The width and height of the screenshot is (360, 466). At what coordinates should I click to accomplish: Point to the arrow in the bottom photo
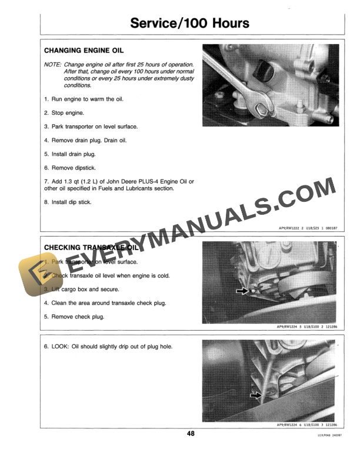click(255, 396)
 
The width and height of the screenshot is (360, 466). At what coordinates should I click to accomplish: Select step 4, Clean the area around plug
click(105, 303)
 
